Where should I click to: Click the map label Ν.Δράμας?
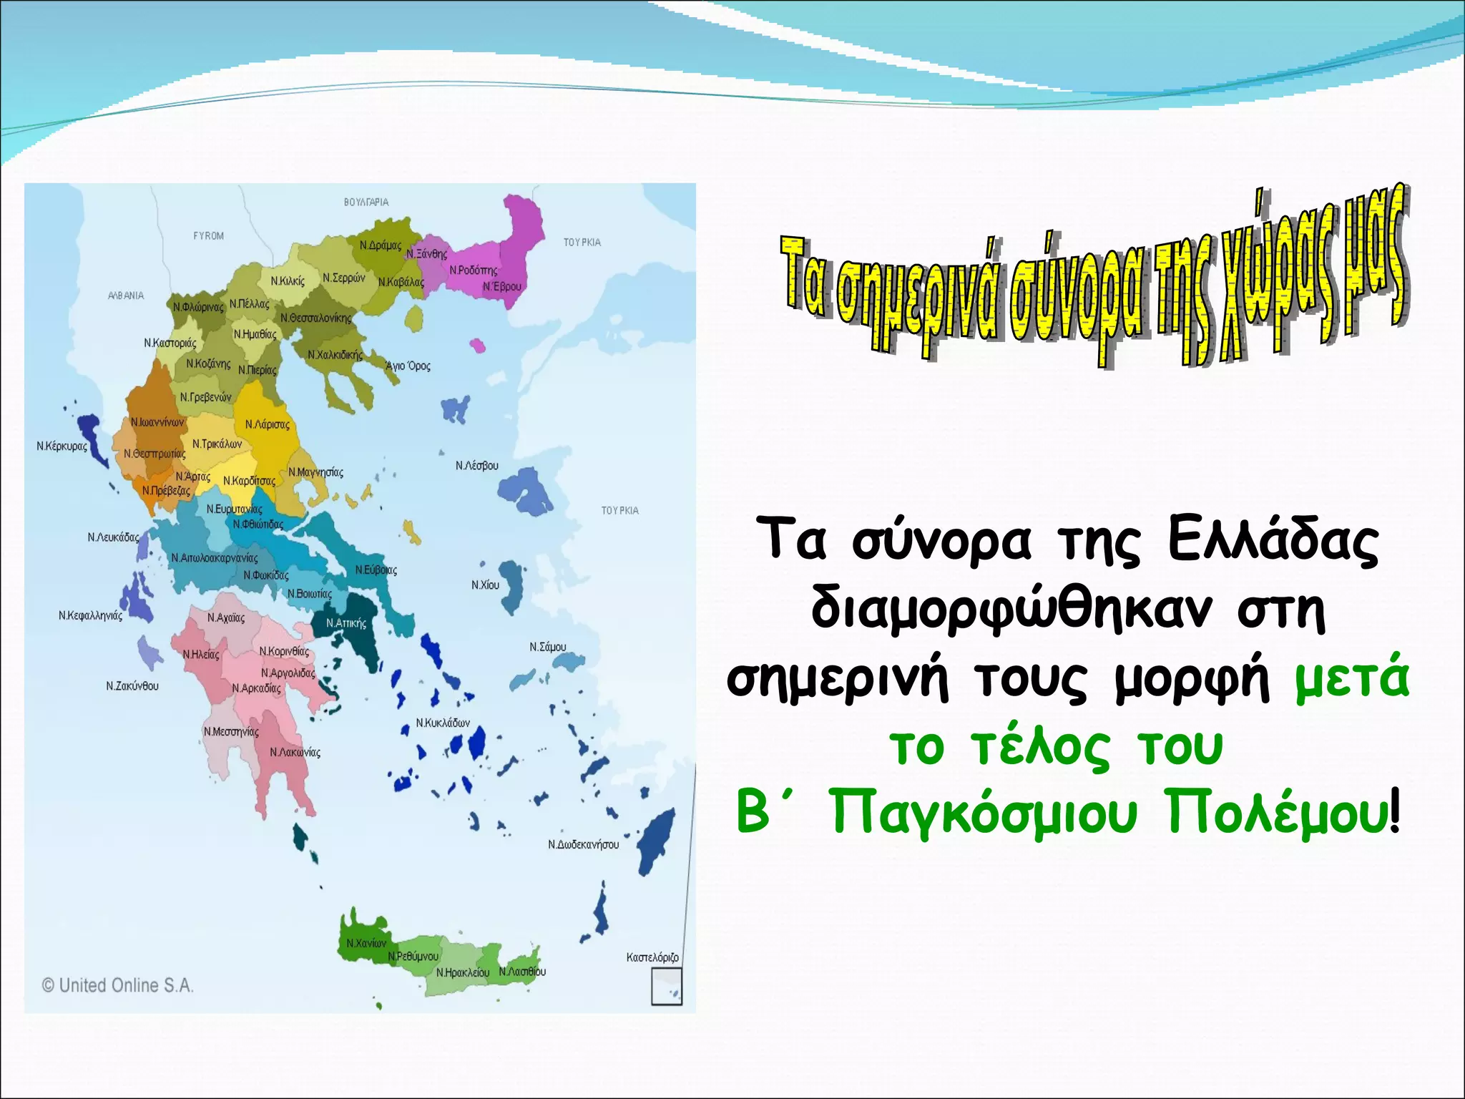[380, 245]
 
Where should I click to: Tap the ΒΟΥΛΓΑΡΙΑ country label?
[366, 202]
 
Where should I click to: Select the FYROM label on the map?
[208, 236]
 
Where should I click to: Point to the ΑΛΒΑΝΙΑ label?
[125, 295]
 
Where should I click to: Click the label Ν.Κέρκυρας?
[62, 446]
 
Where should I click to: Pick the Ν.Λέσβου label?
[476, 466]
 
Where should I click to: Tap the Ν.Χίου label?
[485, 585]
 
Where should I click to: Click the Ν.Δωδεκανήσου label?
[583, 845]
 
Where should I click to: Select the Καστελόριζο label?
[652, 957]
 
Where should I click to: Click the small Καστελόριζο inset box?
[666, 987]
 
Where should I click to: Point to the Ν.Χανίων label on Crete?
[366, 943]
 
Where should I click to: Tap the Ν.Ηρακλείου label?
[463, 973]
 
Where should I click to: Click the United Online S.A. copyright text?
[118, 985]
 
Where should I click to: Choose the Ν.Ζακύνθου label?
[132, 686]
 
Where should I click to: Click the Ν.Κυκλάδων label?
[443, 723]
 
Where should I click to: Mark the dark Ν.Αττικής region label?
[346, 623]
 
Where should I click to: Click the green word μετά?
[1351, 677]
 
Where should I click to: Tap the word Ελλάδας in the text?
[1273, 541]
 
